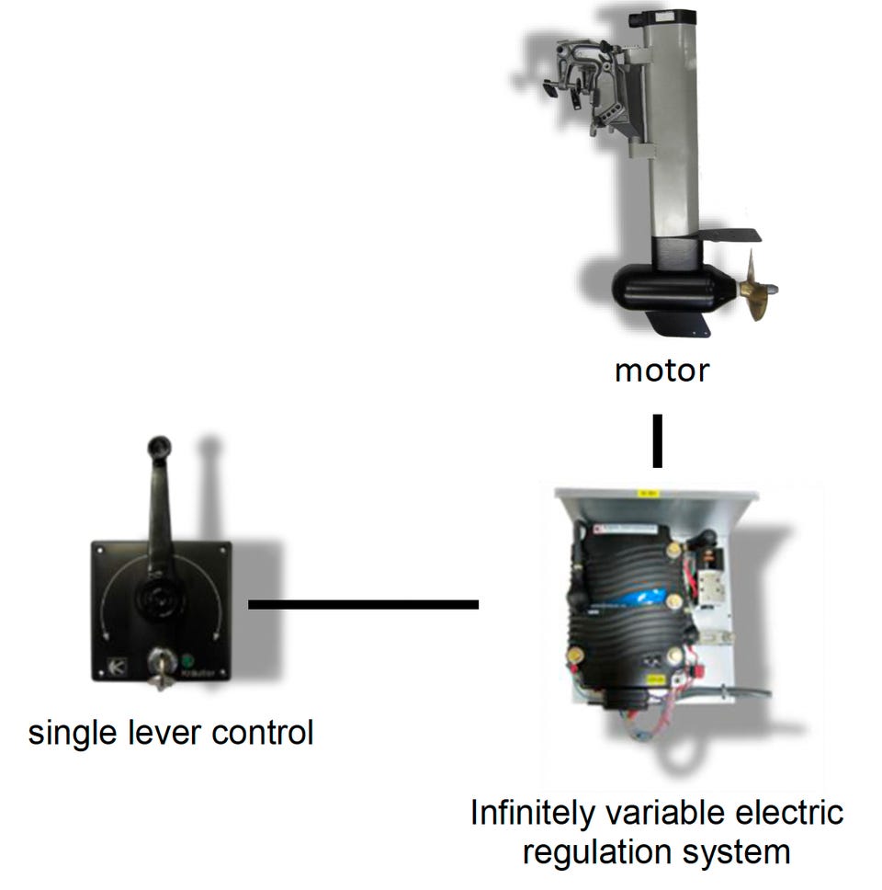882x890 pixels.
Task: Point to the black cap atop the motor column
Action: tap(668, 16)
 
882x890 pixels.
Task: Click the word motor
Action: tap(661, 371)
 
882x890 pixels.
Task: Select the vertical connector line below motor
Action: tap(657, 442)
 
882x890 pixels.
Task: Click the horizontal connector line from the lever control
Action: tap(363, 604)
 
